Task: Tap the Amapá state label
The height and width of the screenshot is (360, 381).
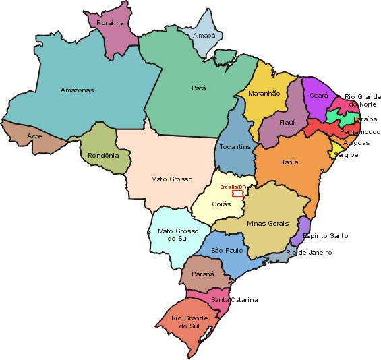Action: pyautogui.click(x=204, y=35)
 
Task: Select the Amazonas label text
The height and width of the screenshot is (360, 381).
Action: pyautogui.click(x=78, y=90)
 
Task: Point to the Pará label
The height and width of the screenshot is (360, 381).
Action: pyautogui.click(x=198, y=88)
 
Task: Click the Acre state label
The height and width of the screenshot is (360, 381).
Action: pyautogui.click(x=34, y=136)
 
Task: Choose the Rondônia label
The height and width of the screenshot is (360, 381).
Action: pyautogui.click(x=103, y=156)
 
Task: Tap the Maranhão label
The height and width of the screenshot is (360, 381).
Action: pyautogui.click(x=264, y=94)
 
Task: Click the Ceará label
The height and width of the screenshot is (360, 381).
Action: pyautogui.click(x=319, y=96)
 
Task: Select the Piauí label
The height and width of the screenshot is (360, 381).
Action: pyautogui.click(x=287, y=122)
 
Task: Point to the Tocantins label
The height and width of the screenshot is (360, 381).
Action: pyautogui.click(x=235, y=146)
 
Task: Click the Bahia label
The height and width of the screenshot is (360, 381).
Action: pyautogui.click(x=289, y=162)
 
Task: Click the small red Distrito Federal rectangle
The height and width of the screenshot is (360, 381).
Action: pyautogui.click(x=237, y=194)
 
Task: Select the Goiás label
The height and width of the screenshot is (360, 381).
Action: pyautogui.click(x=222, y=204)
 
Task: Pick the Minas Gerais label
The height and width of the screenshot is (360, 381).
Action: pyautogui.click(x=268, y=223)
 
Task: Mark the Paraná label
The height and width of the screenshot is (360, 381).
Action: pyautogui.click(x=203, y=274)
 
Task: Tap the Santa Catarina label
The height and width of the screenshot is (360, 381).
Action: pyautogui.click(x=234, y=299)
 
